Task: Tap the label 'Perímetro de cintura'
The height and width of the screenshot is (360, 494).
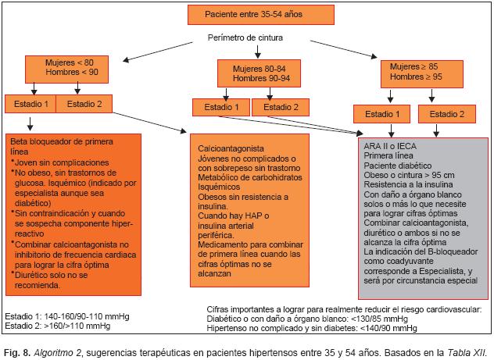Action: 245,37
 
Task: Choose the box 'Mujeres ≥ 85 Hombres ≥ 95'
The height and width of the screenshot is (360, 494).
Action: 417,73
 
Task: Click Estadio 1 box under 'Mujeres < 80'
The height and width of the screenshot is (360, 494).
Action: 30,103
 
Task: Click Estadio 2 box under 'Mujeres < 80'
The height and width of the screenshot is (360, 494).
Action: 84,103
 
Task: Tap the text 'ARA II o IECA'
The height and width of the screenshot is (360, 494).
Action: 387,146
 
